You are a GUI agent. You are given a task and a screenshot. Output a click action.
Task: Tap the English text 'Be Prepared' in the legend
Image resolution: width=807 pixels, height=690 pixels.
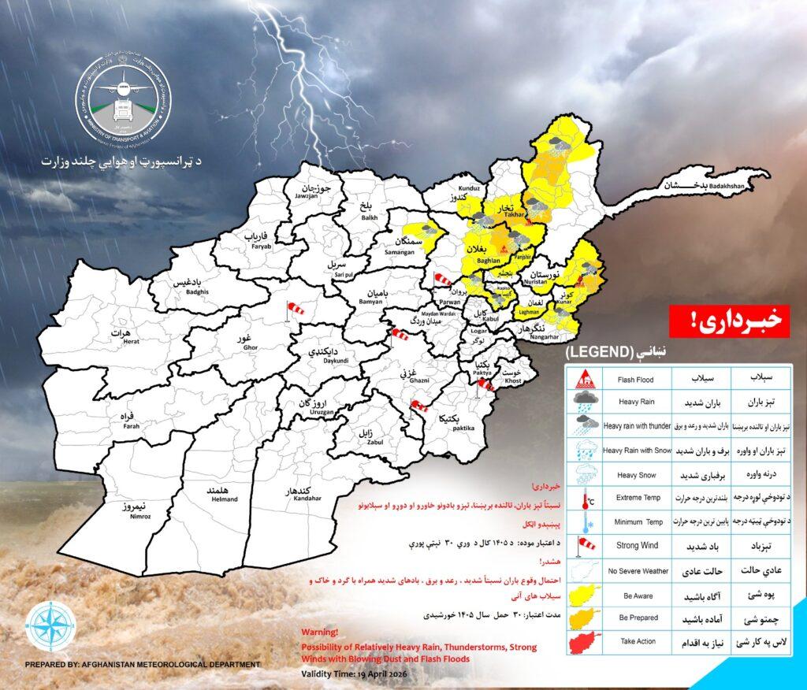(x=638, y=618)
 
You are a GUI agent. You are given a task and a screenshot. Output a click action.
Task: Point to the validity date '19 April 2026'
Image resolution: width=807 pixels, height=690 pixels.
(x=376, y=675)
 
